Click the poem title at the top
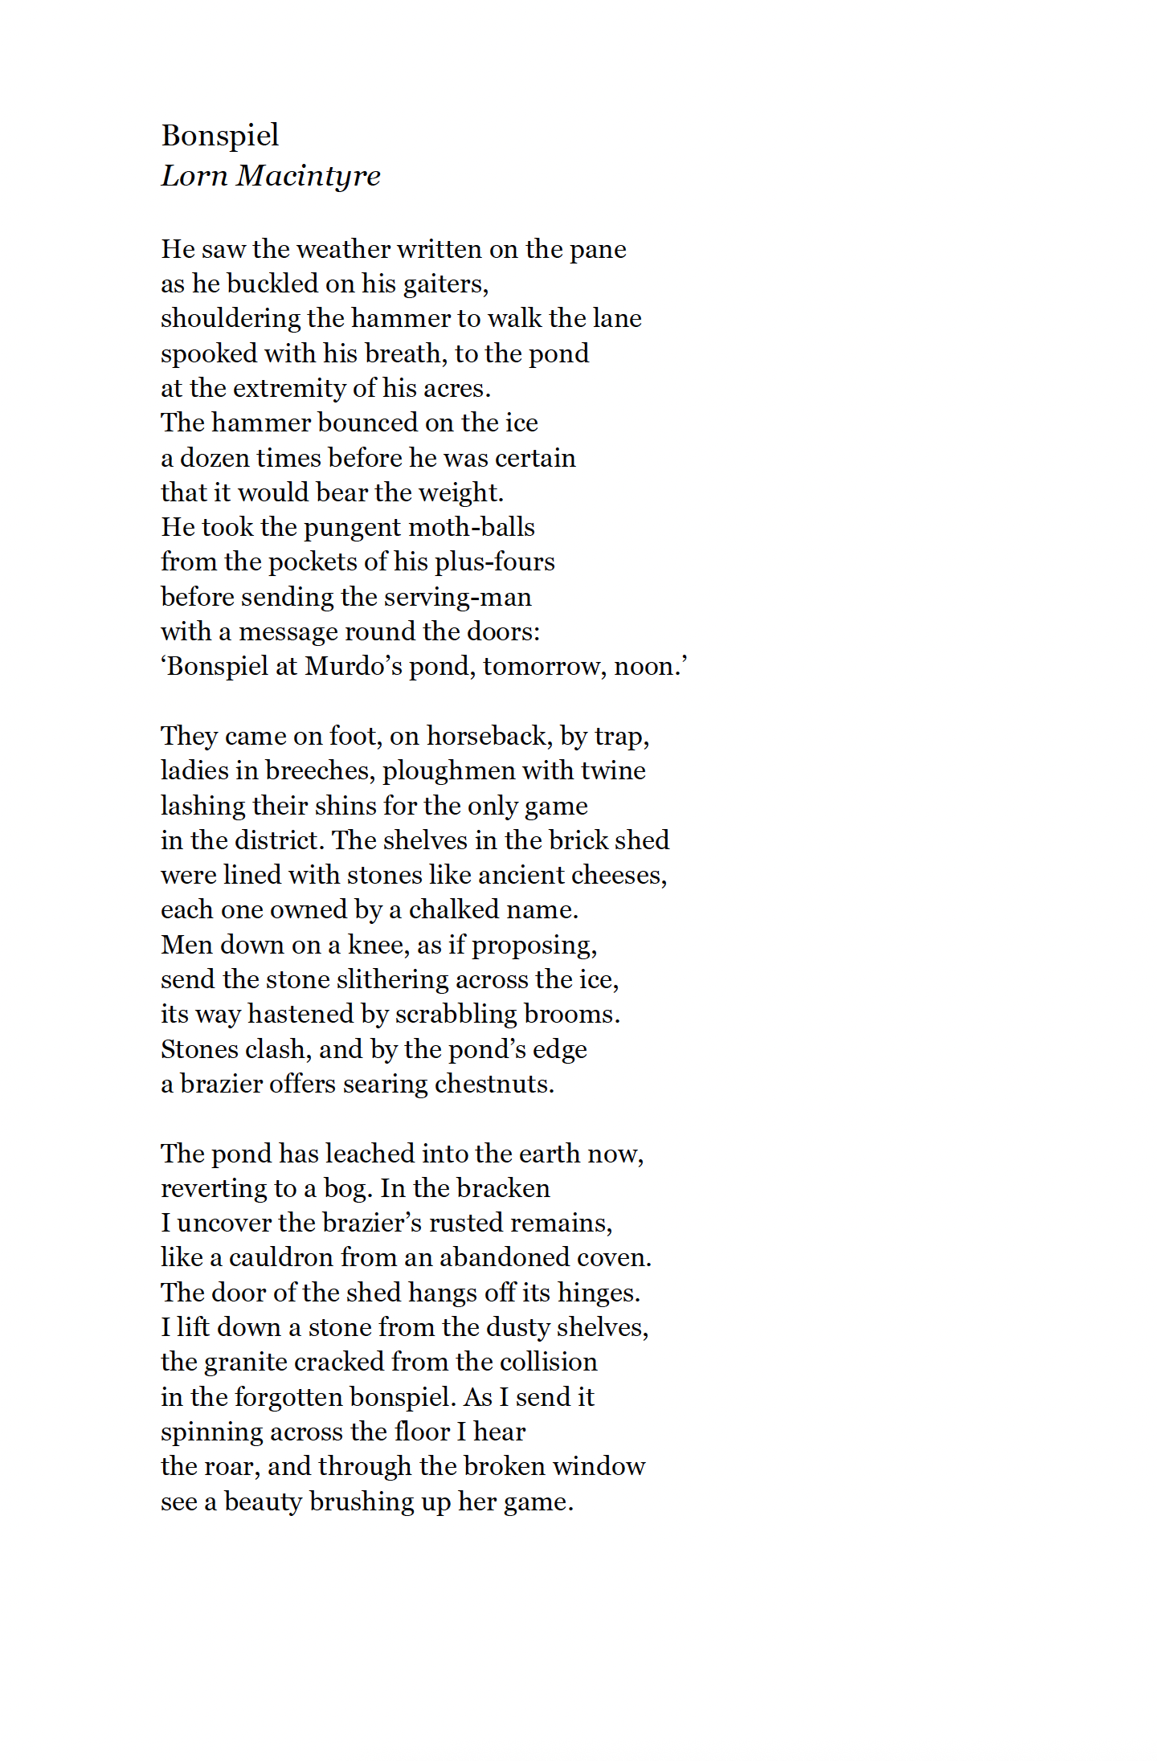[x=220, y=136]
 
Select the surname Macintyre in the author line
[x=308, y=176]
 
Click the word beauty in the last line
[x=263, y=1502]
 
